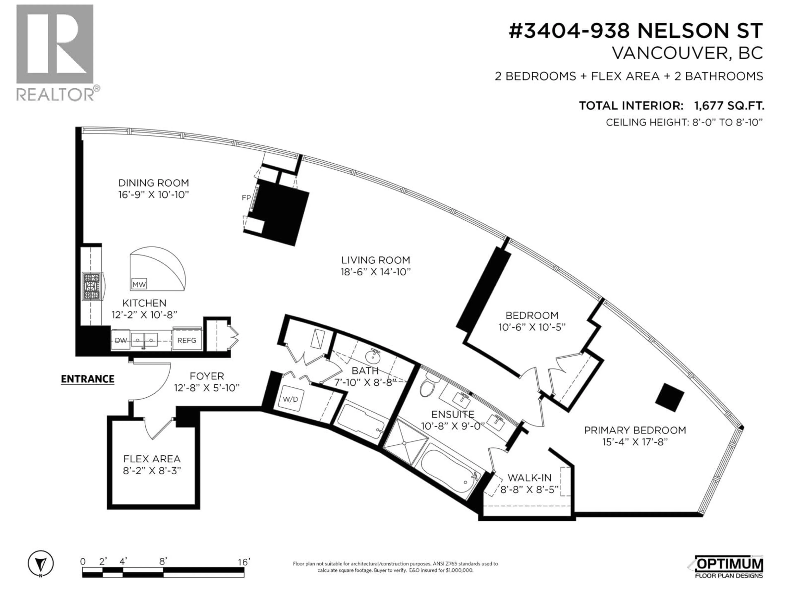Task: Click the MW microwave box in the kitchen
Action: (139, 284)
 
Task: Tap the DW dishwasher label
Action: (121, 340)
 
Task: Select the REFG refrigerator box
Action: (187, 340)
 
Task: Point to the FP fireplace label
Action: (246, 198)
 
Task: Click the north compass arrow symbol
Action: (41, 564)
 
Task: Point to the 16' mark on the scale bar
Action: (244, 562)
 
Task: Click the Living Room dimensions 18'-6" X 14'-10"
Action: (375, 272)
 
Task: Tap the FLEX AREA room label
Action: (152, 459)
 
